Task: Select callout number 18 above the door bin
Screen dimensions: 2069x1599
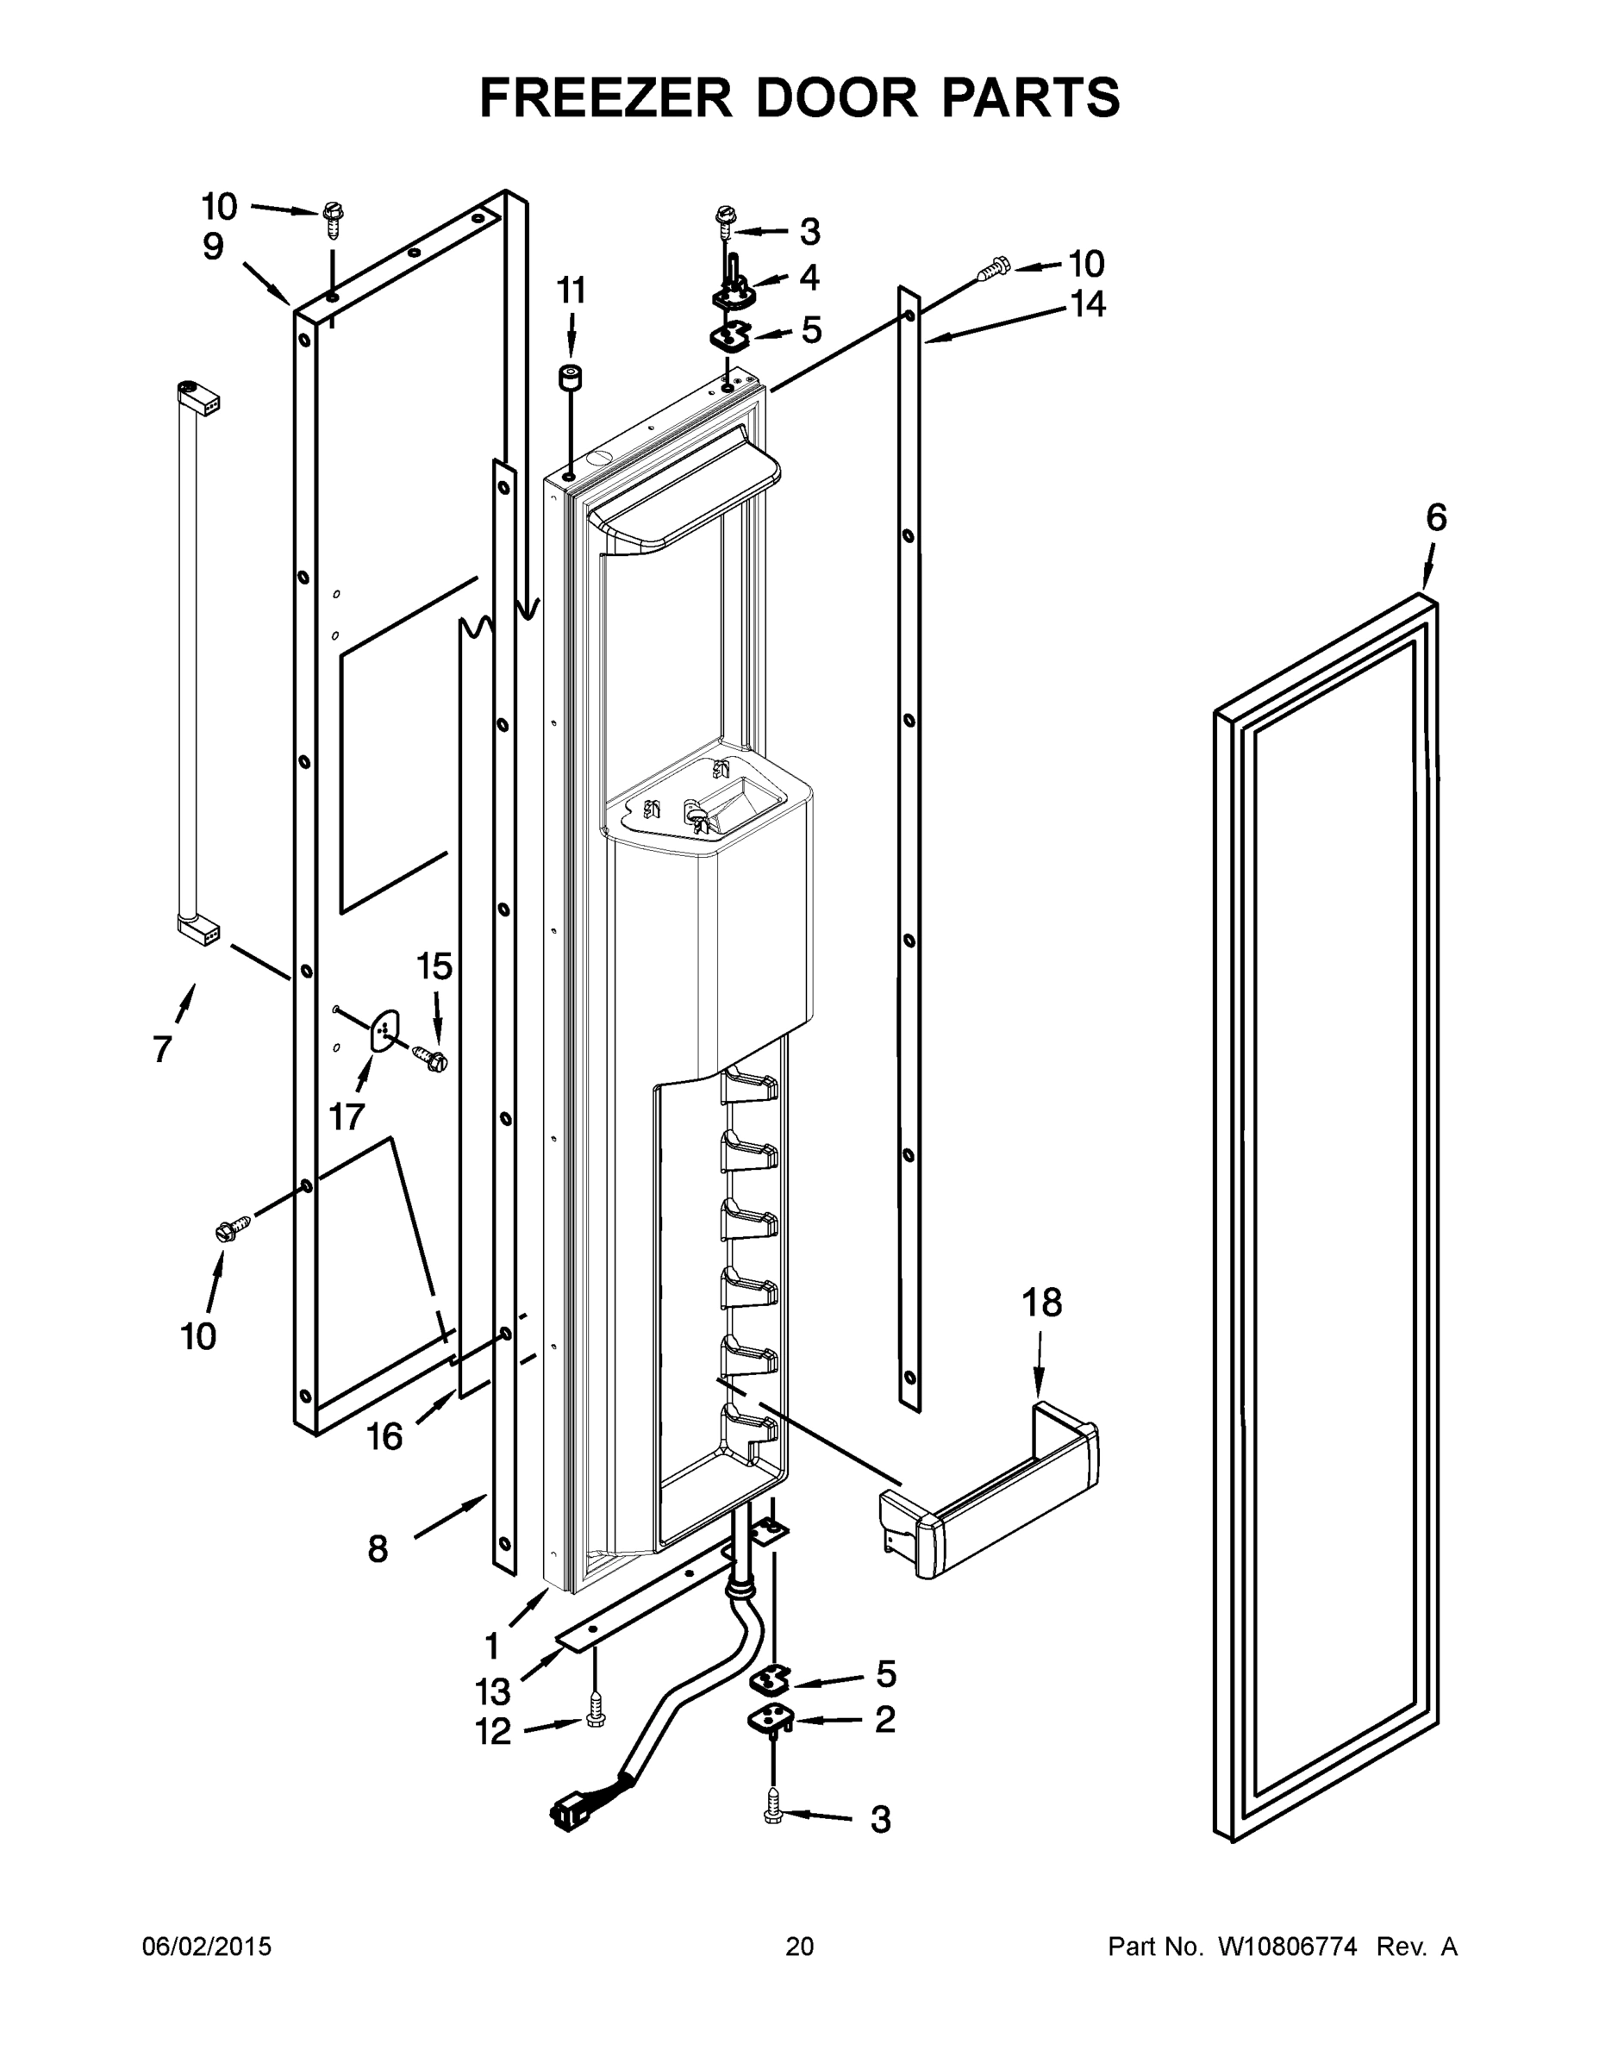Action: coord(1042,1303)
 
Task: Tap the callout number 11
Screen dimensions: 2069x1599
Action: coord(571,291)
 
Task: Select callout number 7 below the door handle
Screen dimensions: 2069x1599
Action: coord(162,1050)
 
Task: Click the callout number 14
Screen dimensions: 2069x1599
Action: coord(1088,304)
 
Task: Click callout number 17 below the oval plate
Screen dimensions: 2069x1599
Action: coord(347,1117)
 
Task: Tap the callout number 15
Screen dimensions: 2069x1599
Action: coord(434,967)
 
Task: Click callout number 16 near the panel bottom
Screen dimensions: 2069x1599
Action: coord(384,1437)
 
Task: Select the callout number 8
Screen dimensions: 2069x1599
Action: coord(377,1550)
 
